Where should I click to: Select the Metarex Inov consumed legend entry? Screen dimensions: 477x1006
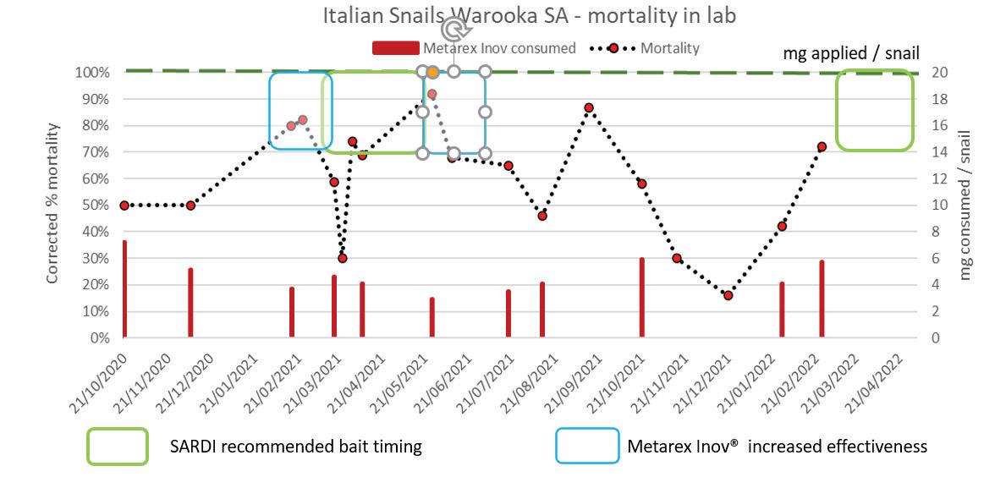[x=474, y=48]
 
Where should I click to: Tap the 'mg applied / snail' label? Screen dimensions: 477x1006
[x=850, y=53]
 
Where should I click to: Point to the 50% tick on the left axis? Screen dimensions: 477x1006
[x=98, y=206]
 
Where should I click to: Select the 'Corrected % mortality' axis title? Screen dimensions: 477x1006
[x=53, y=203]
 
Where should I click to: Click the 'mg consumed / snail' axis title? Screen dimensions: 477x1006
[x=965, y=205]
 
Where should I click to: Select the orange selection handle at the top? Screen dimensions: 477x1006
[x=432, y=73]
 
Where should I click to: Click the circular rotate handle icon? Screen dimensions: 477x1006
[x=454, y=30]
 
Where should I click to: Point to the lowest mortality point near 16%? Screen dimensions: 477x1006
[x=728, y=295]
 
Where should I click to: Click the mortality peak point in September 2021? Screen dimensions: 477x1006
[x=589, y=108]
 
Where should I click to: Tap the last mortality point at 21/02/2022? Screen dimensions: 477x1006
[x=822, y=146]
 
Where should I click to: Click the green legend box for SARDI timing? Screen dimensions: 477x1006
[x=118, y=446]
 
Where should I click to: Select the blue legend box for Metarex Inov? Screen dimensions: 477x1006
[x=586, y=446]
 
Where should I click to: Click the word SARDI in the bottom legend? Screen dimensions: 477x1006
[x=195, y=446]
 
